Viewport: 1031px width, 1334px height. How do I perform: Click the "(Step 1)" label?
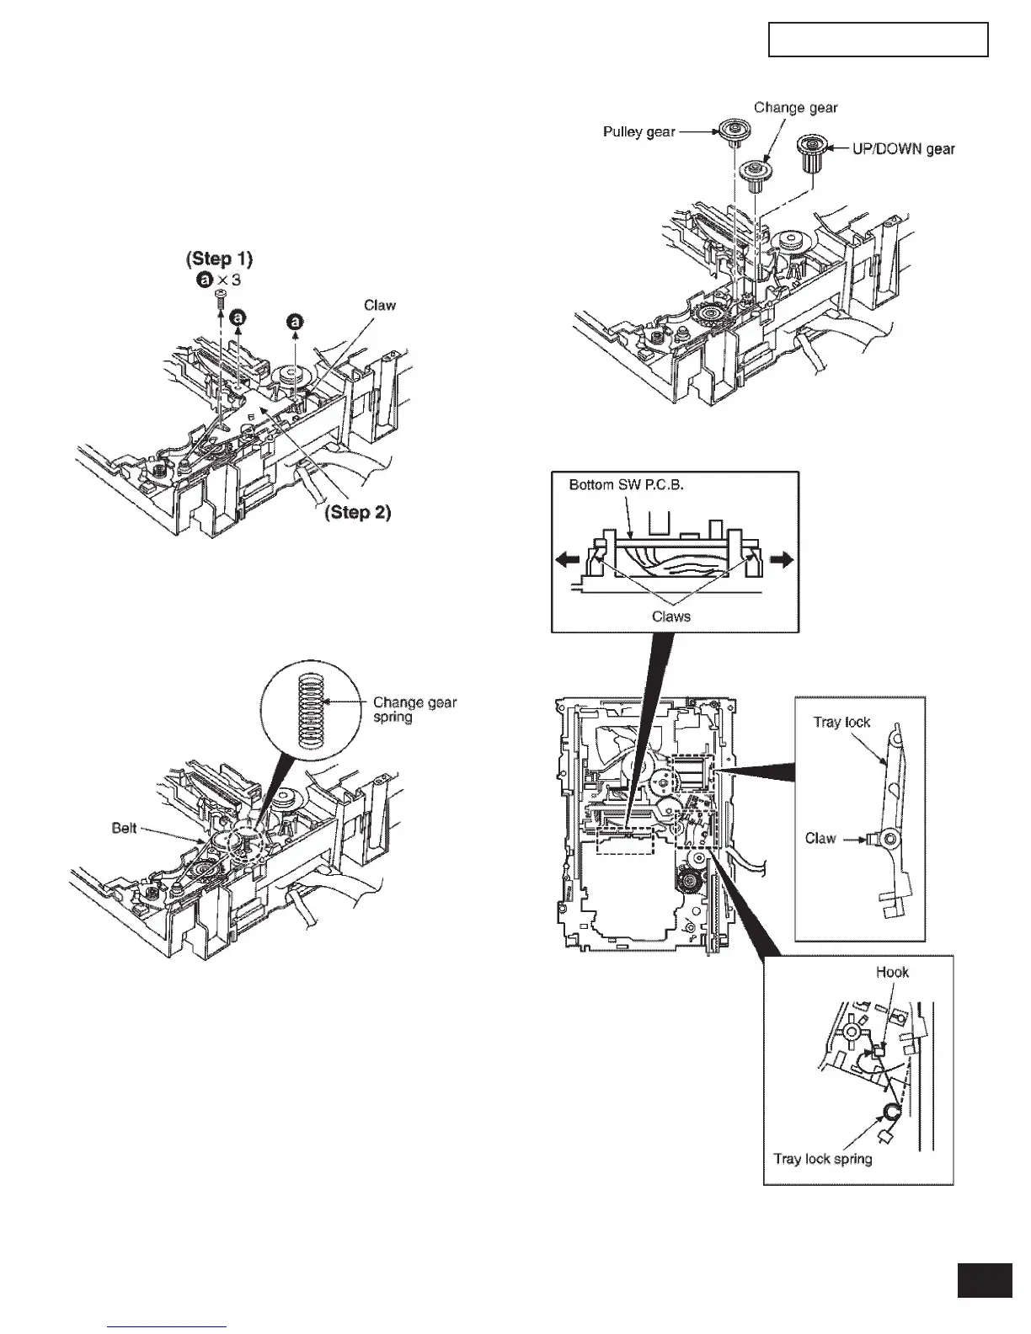point(219,258)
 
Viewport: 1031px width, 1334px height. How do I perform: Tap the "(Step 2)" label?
point(358,512)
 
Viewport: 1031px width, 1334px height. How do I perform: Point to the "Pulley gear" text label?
point(638,132)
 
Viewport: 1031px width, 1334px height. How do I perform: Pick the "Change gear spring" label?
point(414,709)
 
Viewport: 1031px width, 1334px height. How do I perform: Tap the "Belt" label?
point(125,828)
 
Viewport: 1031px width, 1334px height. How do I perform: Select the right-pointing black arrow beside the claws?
point(782,559)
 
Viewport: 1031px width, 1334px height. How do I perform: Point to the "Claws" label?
point(671,616)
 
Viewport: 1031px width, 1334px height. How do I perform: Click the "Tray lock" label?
point(841,722)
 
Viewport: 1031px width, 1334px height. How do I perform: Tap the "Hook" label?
point(892,971)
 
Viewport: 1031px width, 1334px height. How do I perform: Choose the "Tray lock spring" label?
point(823,1159)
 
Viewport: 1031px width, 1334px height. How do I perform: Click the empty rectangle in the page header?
point(878,40)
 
